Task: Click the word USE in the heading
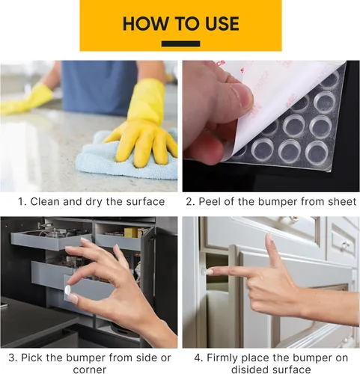[x=222, y=24]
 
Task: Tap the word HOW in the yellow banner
[x=145, y=24]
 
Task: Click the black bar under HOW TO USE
[x=180, y=44]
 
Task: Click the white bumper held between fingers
[x=67, y=289]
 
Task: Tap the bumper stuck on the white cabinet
[x=204, y=271]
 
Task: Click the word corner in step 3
[x=90, y=370]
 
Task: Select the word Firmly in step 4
[x=222, y=358]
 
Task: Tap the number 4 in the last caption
[x=198, y=358]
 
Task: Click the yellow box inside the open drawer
[x=131, y=232]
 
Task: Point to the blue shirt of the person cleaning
[x=99, y=88]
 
